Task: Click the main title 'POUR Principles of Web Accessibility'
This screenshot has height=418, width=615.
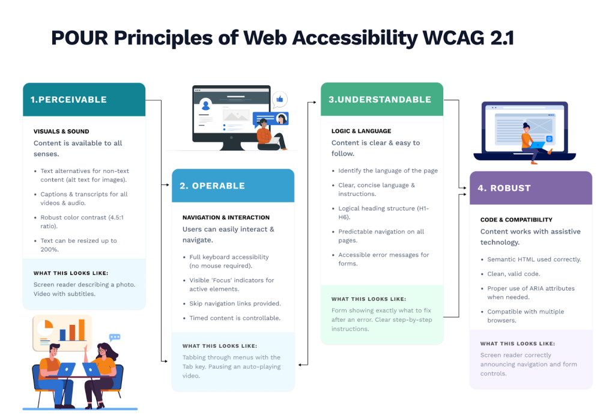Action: click(282, 38)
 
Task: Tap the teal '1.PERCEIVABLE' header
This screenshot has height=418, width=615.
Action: click(69, 100)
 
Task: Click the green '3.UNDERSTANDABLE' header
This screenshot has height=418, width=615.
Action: click(380, 99)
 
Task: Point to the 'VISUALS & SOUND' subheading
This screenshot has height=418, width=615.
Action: click(61, 132)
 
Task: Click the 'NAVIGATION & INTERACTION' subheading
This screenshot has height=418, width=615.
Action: click(226, 217)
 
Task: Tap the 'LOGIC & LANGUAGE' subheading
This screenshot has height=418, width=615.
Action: click(361, 131)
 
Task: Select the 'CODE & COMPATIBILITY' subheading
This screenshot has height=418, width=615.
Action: click(516, 220)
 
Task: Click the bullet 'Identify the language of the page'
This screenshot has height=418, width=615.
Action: click(387, 171)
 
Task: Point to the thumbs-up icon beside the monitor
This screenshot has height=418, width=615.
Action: click(280, 99)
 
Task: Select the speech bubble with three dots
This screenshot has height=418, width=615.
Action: click(115, 338)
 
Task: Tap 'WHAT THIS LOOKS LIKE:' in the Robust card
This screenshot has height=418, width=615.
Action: click(517, 344)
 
